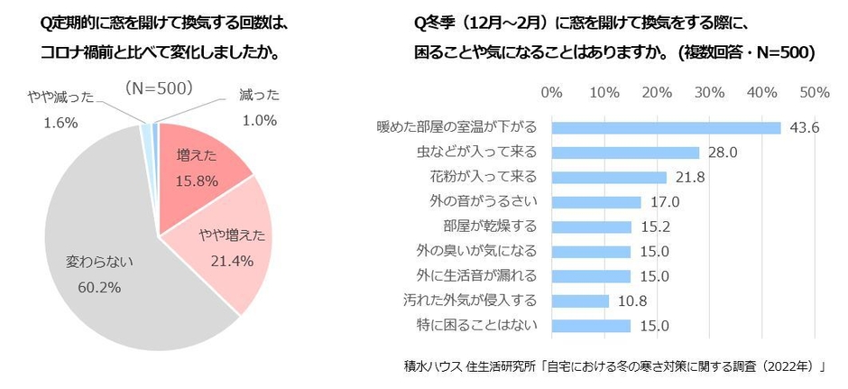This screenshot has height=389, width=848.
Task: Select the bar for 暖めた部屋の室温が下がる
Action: pyautogui.click(x=666, y=128)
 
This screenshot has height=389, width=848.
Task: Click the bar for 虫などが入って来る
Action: pyautogui.click(x=624, y=153)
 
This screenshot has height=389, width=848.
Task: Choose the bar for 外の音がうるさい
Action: pyautogui.click(x=595, y=202)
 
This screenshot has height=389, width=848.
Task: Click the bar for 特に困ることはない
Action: pyautogui.click(x=590, y=325)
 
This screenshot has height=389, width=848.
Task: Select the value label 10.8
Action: pyautogui.click(x=631, y=301)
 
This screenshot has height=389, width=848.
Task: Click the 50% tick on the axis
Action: pyautogui.click(x=815, y=94)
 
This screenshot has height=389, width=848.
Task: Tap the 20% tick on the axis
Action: pyautogui.click(x=657, y=94)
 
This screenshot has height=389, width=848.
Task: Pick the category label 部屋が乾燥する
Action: pyautogui.click(x=494, y=227)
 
